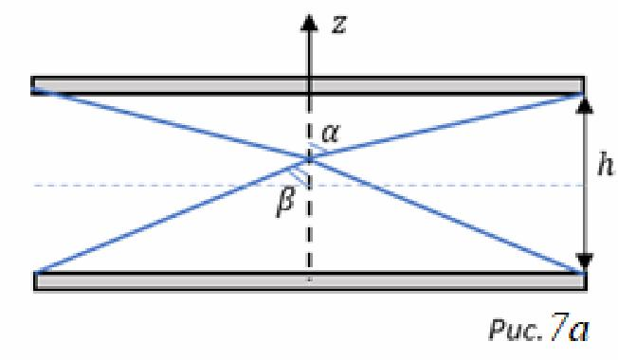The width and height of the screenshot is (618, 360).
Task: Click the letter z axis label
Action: pos(339,25)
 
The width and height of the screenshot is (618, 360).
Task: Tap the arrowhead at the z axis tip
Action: pos(309,22)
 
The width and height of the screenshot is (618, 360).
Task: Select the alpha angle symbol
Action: pos(330,134)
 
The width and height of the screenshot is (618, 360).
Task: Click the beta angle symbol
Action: pos(285,202)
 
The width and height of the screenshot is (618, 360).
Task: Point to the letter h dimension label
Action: pos(605,165)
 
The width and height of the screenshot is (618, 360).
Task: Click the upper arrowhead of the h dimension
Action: pos(585,105)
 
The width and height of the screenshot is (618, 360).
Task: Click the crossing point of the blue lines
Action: pos(309,159)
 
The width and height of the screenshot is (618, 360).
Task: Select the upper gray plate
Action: pos(308,86)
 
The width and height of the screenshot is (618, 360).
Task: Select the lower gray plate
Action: pos(310,281)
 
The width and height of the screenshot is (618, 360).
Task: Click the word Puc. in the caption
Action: pos(517,331)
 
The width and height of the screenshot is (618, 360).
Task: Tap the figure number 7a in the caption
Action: pos(570,327)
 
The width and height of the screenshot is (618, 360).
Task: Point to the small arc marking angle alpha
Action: pos(318,148)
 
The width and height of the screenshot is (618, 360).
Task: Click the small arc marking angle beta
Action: pos(299,178)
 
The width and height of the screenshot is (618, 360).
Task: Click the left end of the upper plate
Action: pos(32,86)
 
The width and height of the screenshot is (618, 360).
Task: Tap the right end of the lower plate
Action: pos(586,281)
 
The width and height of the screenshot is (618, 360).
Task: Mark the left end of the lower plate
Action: pos(35,281)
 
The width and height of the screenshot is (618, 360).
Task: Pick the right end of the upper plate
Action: pos(584,86)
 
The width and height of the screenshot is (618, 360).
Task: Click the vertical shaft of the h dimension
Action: pos(585,184)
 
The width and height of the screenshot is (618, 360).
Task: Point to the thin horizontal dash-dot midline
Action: pos(308,185)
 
